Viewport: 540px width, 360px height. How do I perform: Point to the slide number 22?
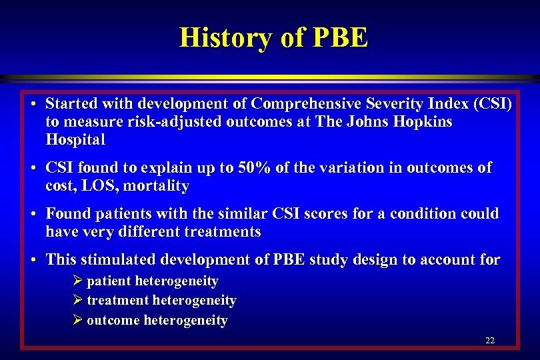(490, 341)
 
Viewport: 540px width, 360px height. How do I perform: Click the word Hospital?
(75, 140)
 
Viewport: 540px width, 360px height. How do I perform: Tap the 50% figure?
(253, 169)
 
